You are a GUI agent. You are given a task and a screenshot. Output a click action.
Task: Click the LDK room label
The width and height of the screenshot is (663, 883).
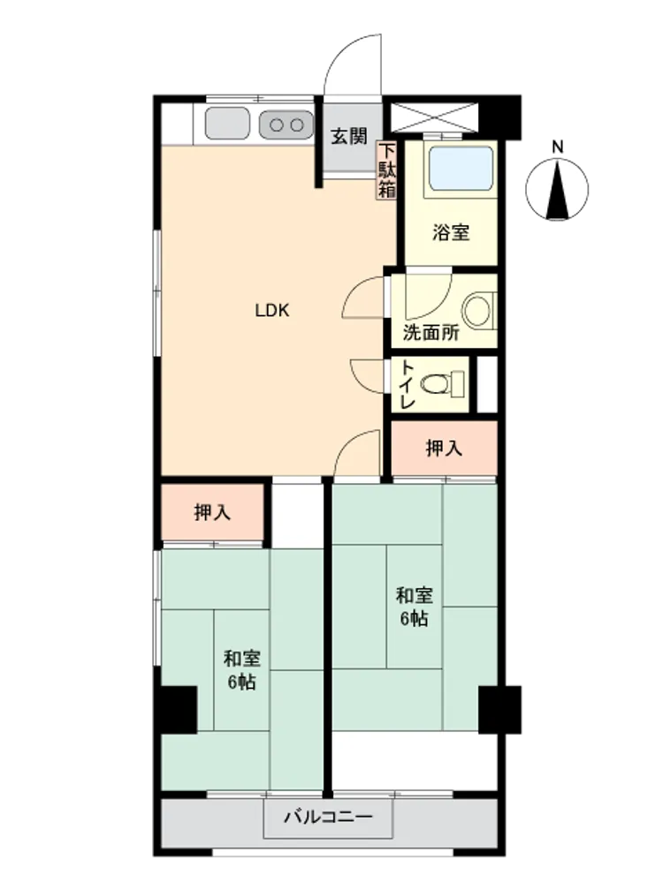[272, 310]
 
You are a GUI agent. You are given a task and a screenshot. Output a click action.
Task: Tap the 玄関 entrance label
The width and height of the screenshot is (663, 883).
[349, 136]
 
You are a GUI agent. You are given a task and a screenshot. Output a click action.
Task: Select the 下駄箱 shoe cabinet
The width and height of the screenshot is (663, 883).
[387, 170]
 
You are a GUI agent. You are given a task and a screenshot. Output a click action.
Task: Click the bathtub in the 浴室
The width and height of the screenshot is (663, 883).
[461, 169]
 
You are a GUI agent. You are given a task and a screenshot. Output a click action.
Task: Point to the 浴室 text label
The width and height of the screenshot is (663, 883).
[451, 232]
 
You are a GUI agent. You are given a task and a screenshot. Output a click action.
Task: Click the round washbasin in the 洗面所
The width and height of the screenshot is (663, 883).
[477, 310]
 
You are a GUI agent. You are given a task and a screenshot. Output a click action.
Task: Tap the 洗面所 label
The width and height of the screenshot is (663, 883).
[431, 332]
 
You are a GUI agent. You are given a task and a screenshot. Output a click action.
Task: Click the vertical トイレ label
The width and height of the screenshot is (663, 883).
[408, 384]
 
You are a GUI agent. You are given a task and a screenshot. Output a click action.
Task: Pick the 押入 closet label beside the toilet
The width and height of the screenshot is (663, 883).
[445, 449]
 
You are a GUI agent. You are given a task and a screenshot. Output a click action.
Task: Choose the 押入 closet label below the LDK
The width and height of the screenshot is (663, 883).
[212, 512]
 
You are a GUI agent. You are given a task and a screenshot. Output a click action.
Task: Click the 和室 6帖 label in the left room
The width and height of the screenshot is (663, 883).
[242, 670]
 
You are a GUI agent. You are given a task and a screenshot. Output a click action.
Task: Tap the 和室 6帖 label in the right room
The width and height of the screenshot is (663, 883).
[415, 607]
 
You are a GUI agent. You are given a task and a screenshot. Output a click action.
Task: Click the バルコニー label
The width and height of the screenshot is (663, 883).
[328, 817]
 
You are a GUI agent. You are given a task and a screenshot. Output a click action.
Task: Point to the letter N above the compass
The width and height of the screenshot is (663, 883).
[557, 147]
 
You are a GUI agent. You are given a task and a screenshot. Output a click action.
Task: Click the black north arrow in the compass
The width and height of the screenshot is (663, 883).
[557, 190]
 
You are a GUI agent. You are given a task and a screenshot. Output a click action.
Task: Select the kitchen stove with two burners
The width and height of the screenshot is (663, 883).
[286, 124]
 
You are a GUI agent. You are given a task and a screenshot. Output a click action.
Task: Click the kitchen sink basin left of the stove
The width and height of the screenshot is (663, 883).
[227, 124]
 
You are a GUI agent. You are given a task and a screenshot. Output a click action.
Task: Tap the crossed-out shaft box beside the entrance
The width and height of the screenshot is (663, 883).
[434, 117]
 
